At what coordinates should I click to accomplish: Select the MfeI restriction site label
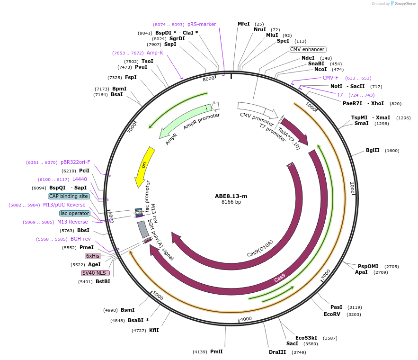click(x=243, y=24)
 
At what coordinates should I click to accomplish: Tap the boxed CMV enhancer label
click(x=307, y=49)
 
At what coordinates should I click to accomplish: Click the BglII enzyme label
click(x=373, y=151)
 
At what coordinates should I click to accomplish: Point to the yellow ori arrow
click(x=143, y=166)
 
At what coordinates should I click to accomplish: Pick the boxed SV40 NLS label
click(x=95, y=273)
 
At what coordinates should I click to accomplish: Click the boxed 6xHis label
click(x=93, y=256)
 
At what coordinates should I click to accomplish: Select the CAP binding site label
click(x=69, y=196)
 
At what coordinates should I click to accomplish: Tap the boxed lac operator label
click(x=75, y=213)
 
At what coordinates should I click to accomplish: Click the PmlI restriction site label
click(x=216, y=351)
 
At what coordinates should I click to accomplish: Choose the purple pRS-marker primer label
click(x=202, y=24)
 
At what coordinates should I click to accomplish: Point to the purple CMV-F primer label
click(x=330, y=78)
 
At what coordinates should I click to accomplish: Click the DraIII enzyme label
click(x=277, y=352)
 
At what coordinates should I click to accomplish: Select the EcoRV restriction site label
click(x=332, y=314)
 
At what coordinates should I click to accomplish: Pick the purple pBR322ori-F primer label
click(x=75, y=162)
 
